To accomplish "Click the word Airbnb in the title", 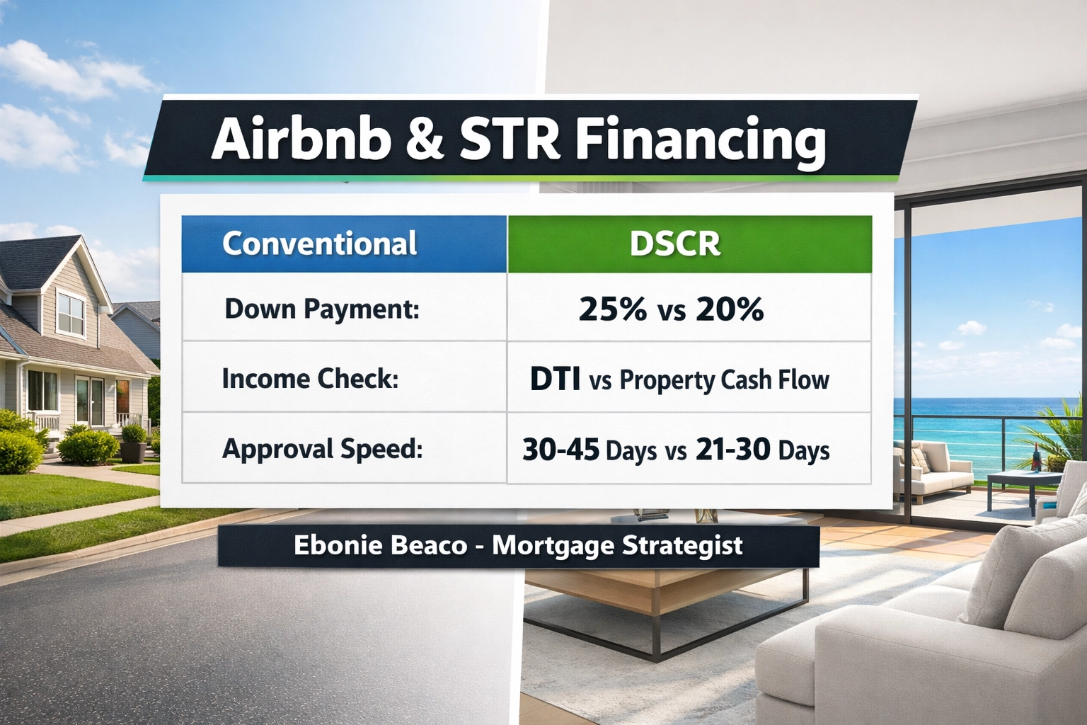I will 301,138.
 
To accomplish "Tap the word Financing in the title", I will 699,139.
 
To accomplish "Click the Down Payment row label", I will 322,309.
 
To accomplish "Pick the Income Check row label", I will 310,379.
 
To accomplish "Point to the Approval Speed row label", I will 322,449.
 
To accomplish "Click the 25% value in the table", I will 612,309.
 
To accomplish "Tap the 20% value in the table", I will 730,309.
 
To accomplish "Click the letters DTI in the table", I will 555,379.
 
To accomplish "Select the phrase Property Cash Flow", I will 724,380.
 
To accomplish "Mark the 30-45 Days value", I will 589,450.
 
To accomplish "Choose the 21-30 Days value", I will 762,450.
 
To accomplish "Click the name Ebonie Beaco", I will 380,545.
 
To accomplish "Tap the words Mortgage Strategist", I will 617,545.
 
